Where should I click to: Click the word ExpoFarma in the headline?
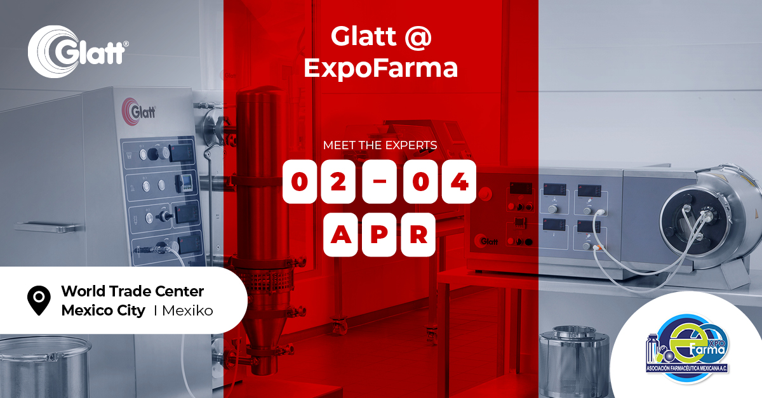pos(380,68)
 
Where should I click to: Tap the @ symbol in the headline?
pos(417,37)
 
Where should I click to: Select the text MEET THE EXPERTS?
pos(380,145)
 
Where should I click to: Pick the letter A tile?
pos(340,235)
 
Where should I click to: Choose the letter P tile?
pos(380,235)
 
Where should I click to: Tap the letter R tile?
pos(418,235)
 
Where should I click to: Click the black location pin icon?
pos(39,300)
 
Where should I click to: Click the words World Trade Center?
pos(132,291)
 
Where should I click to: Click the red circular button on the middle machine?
pos(486,193)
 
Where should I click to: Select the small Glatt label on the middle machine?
pos(488,241)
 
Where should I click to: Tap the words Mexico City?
pos(102,311)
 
